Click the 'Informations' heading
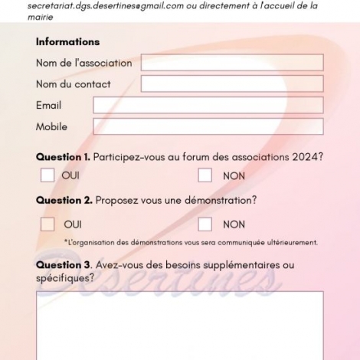point(67,42)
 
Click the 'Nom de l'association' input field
point(231,63)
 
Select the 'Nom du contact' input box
point(231,83)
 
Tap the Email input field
point(208,105)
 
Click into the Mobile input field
point(208,126)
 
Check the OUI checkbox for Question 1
point(47,175)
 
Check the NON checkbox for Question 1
point(205,175)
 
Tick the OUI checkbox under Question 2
point(47,224)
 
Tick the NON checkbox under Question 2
point(205,224)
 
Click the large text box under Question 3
point(180,326)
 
